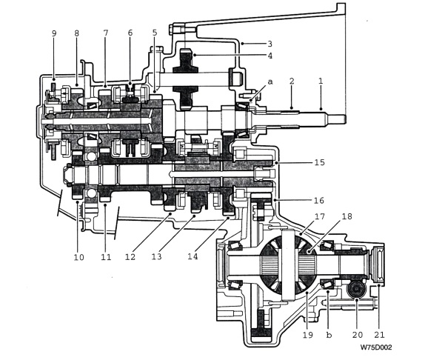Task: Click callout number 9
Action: [x=54, y=33]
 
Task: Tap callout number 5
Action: [x=155, y=33]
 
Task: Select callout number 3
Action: [x=270, y=44]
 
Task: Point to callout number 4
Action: [x=270, y=56]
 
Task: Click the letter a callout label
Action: [x=270, y=81]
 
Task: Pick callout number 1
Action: [x=321, y=81]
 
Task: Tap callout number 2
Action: [x=292, y=81]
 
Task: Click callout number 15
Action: [x=320, y=162]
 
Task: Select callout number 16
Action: [x=319, y=200]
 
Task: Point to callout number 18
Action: [x=347, y=216]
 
